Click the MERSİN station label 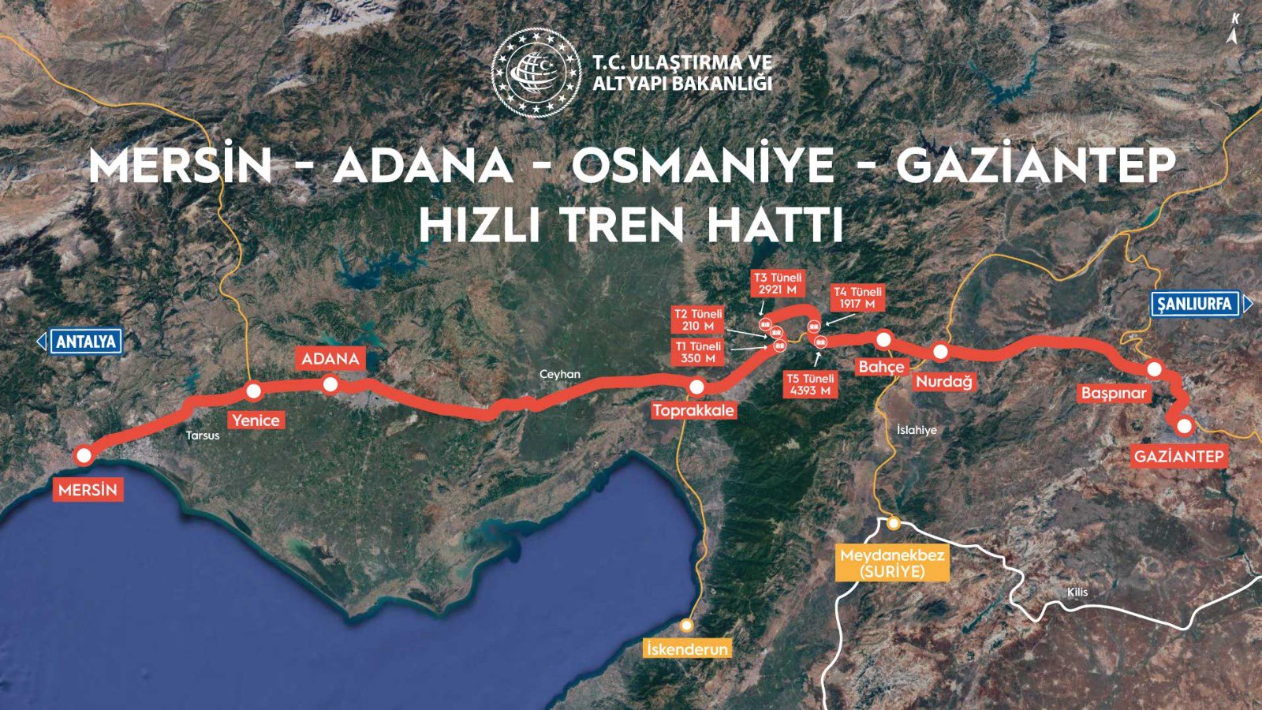tap(88, 490)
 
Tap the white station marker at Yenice tap(253, 391)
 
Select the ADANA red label tap(330, 359)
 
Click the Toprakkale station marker tap(696, 387)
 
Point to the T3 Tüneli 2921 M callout tap(777, 283)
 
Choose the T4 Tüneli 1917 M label tap(857, 297)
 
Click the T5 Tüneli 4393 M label tap(810, 384)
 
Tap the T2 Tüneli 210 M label tap(698, 319)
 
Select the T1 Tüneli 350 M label tap(698, 352)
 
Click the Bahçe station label tap(881, 367)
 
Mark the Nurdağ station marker tap(940, 352)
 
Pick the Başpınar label tap(1114, 393)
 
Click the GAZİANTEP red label tap(1178, 456)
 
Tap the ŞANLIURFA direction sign tap(1195, 304)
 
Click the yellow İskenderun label tap(687, 648)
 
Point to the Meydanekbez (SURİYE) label tap(892, 563)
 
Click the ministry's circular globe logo tap(536, 72)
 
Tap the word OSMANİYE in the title tap(703, 166)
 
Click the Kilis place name tap(1077, 592)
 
